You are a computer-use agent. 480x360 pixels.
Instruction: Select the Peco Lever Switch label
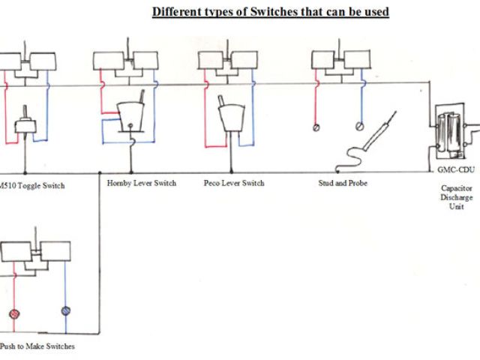tap(234, 182)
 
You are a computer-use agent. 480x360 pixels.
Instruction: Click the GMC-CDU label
tap(454, 170)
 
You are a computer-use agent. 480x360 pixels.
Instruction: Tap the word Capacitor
tap(456, 188)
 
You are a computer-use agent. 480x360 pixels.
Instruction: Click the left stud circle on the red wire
tap(316, 127)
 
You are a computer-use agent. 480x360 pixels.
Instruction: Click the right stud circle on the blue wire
tap(360, 125)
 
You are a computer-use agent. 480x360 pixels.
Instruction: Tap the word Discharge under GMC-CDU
tap(456, 197)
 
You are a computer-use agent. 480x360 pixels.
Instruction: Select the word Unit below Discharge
tap(456, 207)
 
